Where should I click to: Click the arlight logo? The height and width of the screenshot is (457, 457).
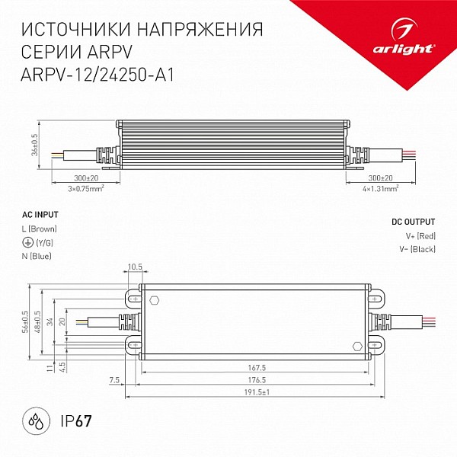404,37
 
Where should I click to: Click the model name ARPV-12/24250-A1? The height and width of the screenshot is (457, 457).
97,75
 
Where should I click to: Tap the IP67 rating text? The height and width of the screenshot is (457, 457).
76,421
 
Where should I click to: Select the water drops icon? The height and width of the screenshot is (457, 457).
37,421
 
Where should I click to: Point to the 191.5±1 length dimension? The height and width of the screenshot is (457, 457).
257,392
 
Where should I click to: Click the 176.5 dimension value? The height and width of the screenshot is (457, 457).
257,380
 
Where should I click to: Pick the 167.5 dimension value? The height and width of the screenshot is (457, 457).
257,368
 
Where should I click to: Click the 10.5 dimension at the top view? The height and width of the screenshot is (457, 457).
135,267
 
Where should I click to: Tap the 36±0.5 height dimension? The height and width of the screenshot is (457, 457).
35,145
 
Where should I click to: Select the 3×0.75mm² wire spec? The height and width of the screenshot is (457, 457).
86,189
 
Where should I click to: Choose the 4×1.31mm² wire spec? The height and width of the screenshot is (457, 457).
381,189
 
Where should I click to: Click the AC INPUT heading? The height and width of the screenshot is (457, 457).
40,215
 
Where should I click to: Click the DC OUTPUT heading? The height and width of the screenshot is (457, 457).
413,222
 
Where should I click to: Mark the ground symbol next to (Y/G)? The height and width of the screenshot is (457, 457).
27,242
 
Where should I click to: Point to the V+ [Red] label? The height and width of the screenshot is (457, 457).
420,236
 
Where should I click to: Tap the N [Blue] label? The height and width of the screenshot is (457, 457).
37,256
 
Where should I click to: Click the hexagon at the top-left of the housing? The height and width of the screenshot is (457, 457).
154,301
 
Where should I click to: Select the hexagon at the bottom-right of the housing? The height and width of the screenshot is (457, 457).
357,347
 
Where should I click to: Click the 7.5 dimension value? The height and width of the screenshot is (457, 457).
114,380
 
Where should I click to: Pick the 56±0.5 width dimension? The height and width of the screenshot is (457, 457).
25,322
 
